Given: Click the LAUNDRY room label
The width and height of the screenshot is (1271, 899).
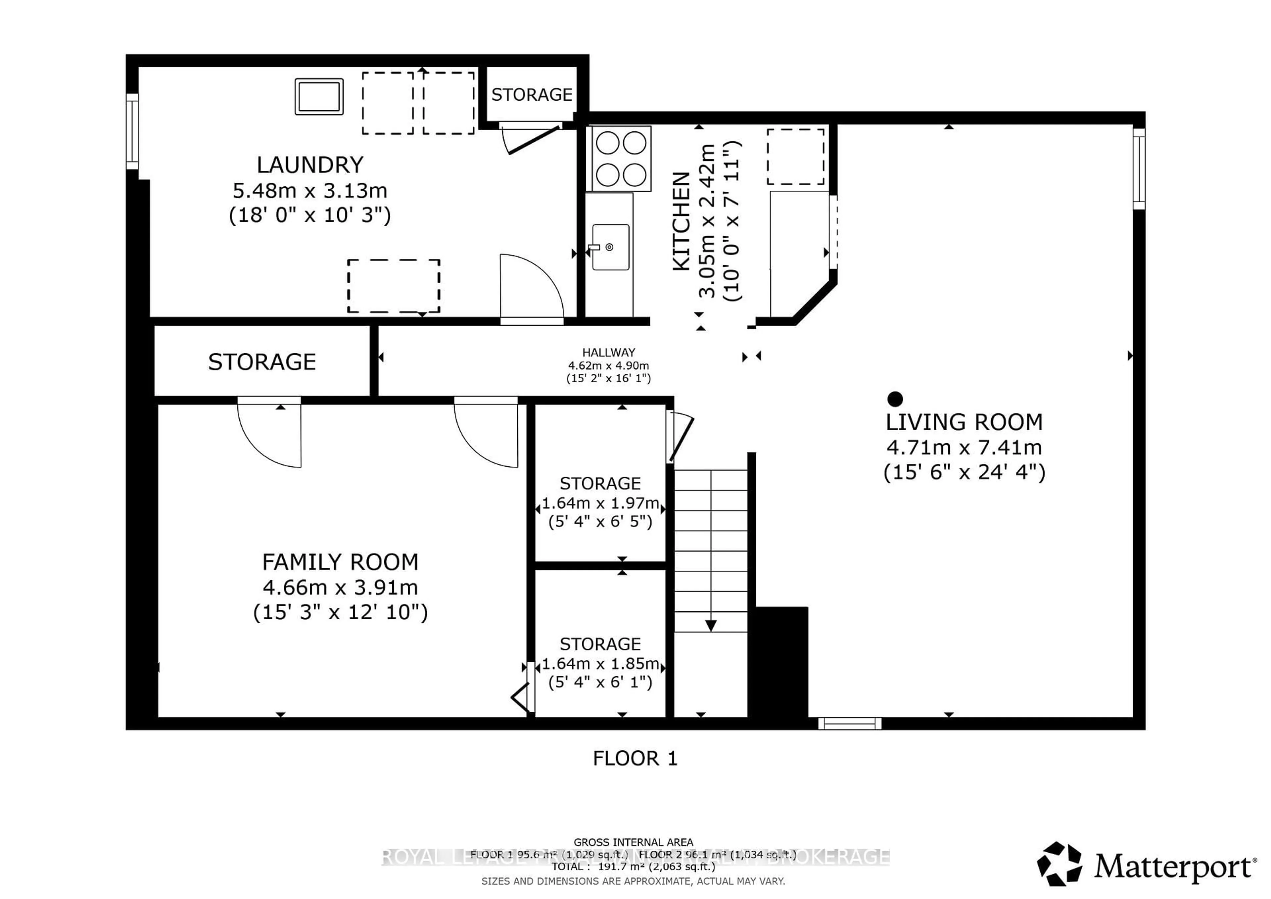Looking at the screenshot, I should [310, 165].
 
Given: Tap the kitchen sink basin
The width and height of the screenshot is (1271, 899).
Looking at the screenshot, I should [611, 247].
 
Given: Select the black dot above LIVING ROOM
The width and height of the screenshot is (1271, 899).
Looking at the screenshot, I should [895, 399].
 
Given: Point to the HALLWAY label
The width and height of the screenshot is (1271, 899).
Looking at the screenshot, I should [608, 353].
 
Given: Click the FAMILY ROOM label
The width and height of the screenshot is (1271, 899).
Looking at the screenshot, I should [340, 562].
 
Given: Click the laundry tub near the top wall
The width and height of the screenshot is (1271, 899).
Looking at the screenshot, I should [319, 97].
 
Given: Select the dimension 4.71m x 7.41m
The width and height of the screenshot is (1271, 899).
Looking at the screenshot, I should [964, 447].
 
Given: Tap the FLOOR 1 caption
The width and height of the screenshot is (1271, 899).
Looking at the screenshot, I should [635, 758].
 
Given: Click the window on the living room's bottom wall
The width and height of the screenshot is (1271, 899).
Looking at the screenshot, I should [849, 723].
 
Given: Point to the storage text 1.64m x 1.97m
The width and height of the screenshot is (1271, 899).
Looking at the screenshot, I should [600, 503].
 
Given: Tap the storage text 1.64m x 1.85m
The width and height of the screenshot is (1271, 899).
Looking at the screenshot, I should [600, 664].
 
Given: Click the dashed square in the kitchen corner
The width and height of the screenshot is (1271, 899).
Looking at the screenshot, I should [795, 157].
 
